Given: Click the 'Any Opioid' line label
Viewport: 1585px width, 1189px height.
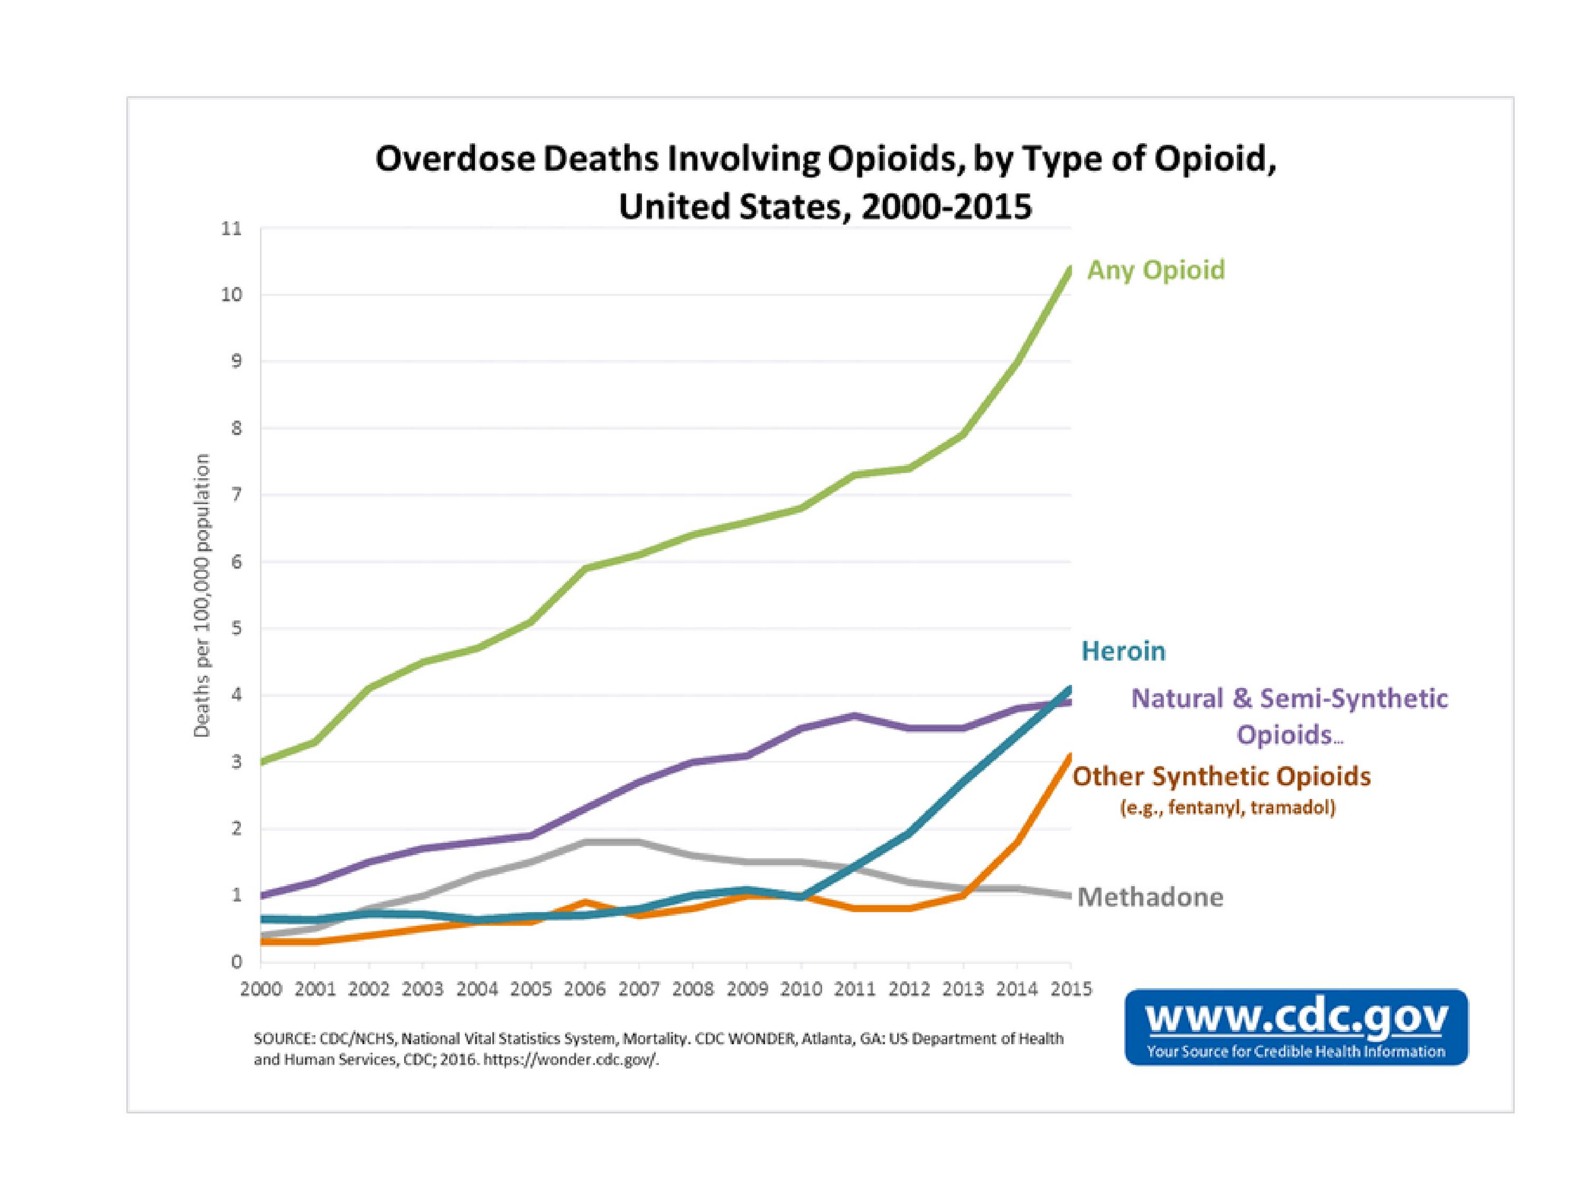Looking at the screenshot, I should click(x=1156, y=270).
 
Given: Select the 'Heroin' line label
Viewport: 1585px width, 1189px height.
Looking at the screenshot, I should click(x=1123, y=651).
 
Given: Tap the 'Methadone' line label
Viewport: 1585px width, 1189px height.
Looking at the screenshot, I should click(x=1150, y=897).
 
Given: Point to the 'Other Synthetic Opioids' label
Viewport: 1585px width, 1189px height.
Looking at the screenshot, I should click(x=1221, y=776).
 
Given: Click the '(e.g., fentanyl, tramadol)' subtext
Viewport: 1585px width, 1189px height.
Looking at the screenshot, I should click(x=1227, y=808).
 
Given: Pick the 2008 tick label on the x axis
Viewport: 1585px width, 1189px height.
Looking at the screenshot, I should click(x=693, y=990).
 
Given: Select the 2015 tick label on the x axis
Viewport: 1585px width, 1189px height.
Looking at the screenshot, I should click(x=1070, y=990).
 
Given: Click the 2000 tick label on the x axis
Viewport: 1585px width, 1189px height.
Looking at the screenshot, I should click(x=261, y=990).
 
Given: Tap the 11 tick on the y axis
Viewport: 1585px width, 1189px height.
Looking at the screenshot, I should click(x=232, y=229).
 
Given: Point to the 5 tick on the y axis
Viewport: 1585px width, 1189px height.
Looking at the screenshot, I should click(x=237, y=629).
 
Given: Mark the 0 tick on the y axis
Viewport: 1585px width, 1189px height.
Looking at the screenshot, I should click(x=237, y=962).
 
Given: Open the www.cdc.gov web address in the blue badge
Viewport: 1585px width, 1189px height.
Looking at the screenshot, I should click(x=1297, y=1017).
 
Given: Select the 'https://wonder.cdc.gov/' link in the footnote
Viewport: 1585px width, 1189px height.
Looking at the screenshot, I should click(x=571, y=1060).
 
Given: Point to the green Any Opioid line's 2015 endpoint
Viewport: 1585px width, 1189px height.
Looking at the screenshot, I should click(x=1070, y=269).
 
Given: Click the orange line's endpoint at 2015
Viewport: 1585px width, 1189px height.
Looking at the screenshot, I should click(x=1070, y=756).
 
